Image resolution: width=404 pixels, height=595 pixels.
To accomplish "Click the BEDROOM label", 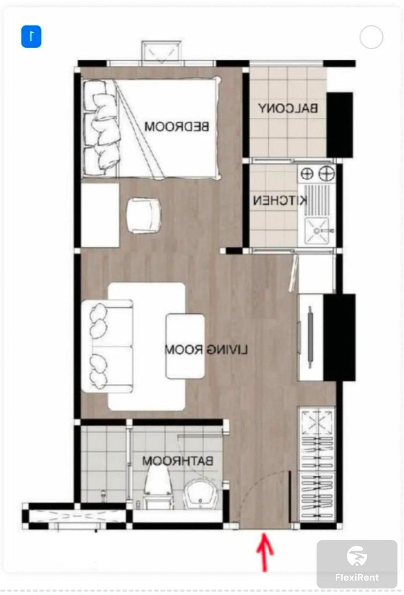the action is point(177,126).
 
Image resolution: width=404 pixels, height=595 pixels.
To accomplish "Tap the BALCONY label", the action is point(288,108).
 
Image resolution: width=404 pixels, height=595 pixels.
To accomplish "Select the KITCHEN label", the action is point(280,200).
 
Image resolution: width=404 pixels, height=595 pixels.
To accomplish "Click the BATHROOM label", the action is point(178,461).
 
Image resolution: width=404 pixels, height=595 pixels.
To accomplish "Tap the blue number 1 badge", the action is point(31,36).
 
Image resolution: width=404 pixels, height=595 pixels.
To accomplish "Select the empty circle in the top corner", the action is point(371,37).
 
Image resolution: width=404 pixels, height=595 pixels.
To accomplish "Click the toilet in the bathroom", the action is point(157,487).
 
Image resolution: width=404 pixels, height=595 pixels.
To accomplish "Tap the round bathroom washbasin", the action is point(202,494).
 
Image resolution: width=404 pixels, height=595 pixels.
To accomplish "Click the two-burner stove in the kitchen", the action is point(317,173).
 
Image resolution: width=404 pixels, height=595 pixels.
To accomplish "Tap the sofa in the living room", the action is point(107,346).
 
